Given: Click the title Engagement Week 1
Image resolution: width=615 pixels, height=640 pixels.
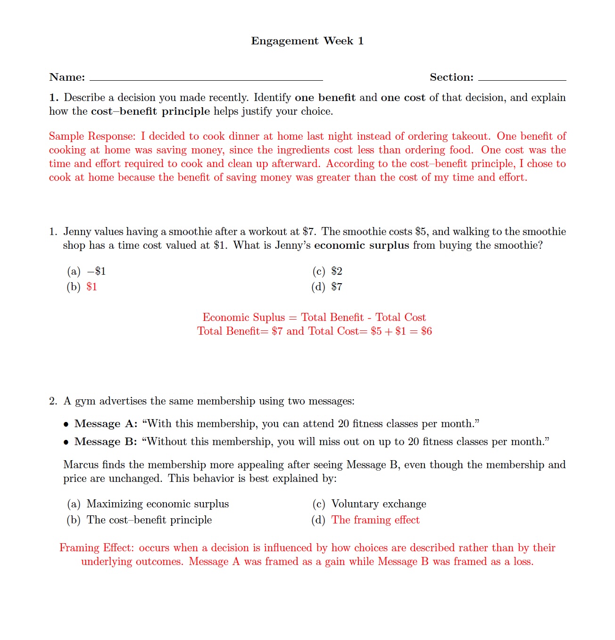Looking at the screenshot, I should click(x=307, y=41).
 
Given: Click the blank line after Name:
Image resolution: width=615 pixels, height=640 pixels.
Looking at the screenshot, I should click(x=206, y=78).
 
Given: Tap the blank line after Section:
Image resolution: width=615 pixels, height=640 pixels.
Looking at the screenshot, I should click(x=522, y=78).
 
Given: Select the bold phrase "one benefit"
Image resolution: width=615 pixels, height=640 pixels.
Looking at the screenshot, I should click(x=325, y=98).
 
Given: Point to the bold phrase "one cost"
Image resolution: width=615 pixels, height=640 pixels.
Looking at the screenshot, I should click(x=403, y=98).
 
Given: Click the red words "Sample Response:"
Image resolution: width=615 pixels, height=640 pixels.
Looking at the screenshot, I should click(x=92, y=136).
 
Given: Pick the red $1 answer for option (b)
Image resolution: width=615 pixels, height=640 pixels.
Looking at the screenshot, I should click(x=92, y=287).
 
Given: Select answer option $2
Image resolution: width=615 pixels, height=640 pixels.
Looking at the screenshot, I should click(x=337, y=271).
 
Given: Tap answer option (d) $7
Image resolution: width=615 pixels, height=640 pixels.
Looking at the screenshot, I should click(x=337, y=287).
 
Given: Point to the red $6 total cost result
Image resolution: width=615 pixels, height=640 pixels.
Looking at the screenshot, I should click(x=426, y=331).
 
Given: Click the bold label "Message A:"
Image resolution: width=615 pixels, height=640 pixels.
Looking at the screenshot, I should click(x=106, y=424).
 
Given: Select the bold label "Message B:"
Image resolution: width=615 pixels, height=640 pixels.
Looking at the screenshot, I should click(x=106, y=442).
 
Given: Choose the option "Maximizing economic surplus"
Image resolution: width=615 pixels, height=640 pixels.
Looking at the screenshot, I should click(x=158, y=504).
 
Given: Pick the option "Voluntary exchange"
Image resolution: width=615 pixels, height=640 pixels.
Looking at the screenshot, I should click(x=379, y=504).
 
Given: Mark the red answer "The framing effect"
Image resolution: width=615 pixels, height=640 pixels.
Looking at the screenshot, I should click(x=375, y=520).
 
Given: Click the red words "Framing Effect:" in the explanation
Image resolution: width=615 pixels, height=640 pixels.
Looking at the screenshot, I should click(x=97, y=548).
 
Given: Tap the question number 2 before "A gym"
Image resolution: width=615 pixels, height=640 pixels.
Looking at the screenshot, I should click(x=52, y=401).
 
